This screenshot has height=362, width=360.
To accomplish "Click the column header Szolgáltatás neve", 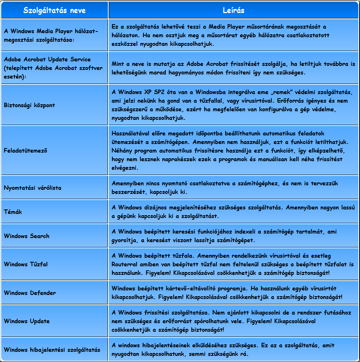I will (x=54, y=10).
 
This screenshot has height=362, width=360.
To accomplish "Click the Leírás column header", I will (x=234, y=10).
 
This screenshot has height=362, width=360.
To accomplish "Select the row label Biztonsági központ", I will (x=29, y=105).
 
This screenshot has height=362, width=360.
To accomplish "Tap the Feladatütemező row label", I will (x=25, y=150).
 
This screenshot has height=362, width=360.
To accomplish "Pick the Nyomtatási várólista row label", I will (x=33, y=188).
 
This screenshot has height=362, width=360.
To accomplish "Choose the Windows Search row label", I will (x=27, y=236).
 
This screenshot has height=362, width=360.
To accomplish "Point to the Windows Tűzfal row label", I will (x=26, y=264).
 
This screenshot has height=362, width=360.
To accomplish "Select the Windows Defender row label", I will (x=30, y=293).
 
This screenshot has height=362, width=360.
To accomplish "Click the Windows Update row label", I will (x=27, y=321).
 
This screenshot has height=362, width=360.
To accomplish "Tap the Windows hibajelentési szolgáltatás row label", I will (x=52, y=350).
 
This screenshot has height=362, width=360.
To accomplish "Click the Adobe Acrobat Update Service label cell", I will (x=53, y=68).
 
